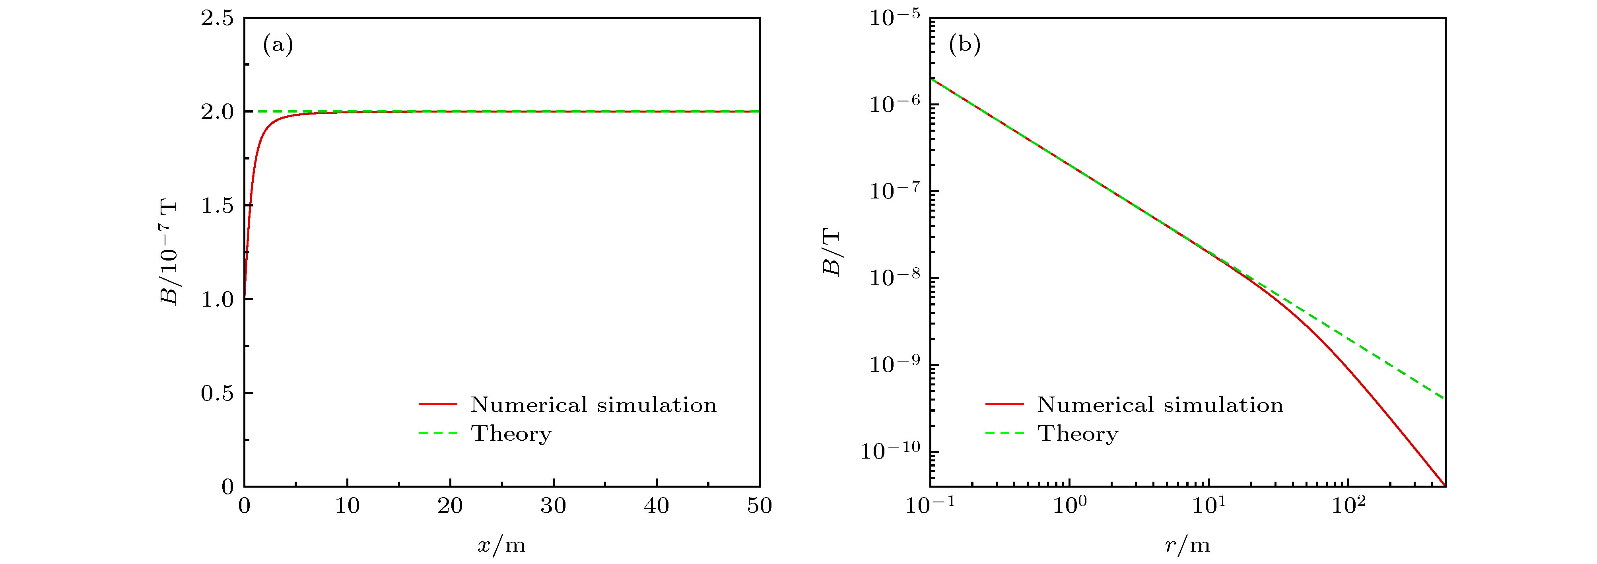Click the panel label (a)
pos(278,45)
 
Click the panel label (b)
pos(965,45)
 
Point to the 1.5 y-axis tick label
pos(217,206)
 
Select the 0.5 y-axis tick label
pos(217,393)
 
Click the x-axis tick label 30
pos(553,506)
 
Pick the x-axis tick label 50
pos(759,506)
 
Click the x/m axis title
pos(501,545)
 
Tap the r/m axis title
pos(1187,545)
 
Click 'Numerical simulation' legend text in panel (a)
pos(593,405)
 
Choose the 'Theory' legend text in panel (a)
pos(511,433)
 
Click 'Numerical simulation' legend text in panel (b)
pos(1160,405)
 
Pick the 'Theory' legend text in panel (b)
pos(1078,433)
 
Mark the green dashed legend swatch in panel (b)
pos(1004,433)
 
